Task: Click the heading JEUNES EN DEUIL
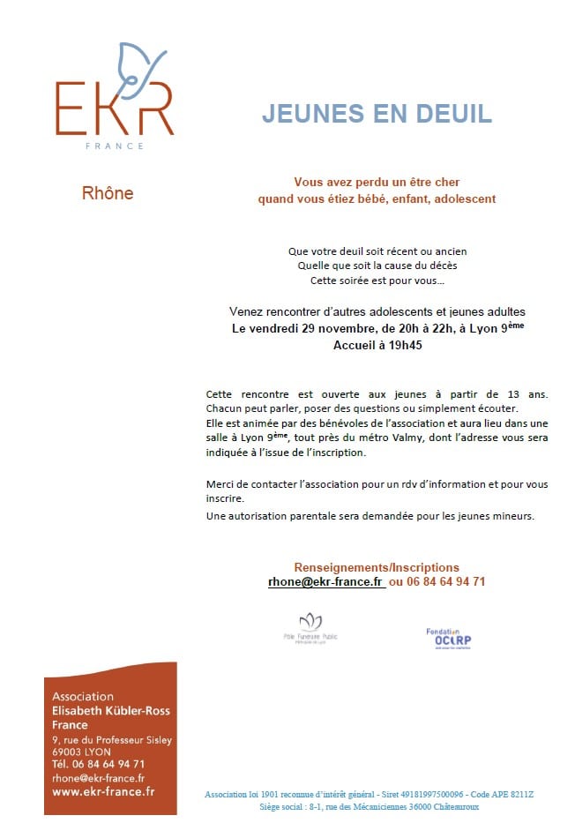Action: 377,114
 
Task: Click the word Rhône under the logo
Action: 108,193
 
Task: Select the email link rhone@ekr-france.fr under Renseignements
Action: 326,582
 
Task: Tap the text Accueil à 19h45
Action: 377,346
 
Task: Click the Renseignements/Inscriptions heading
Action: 377,567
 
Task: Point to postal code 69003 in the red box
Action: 69,752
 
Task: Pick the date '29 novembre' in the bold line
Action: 325,328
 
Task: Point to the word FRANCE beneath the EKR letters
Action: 114,146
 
